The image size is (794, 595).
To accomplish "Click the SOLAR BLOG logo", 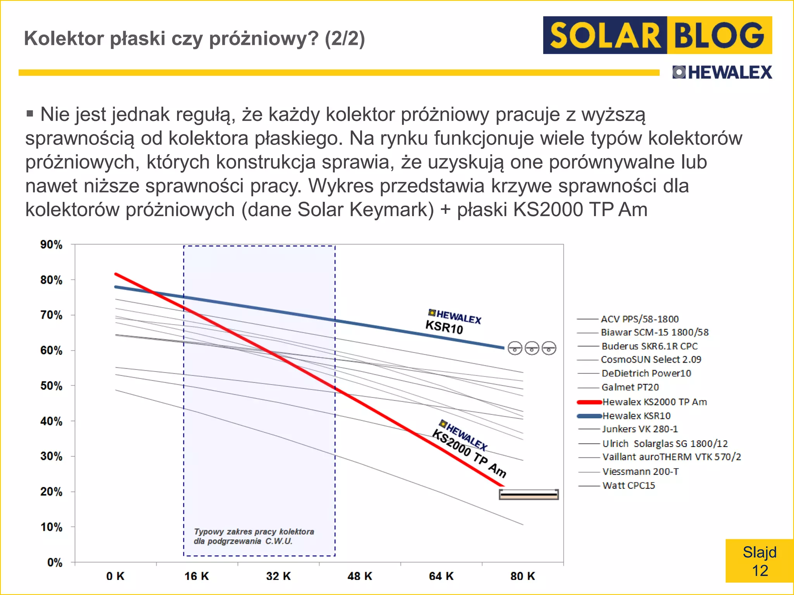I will pyautogui.click(x=657, y=35).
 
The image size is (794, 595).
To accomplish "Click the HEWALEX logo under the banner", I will pyautogui.click(x=722, y=72).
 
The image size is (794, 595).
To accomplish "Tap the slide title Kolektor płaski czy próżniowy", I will pyautogui.click(x=194, y=38).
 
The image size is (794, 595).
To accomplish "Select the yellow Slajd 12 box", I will pyautogui.click(x=759, y=561).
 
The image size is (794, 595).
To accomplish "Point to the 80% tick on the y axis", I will pyautogui.click(x=52, y=280).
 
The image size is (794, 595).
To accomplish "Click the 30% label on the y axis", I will pyautogui.click(x=52, y=456).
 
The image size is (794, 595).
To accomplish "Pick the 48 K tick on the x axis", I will pyautogui.click(x=359, y=576).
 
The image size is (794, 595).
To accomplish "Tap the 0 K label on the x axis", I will pyautogui.click(x=115, y=576).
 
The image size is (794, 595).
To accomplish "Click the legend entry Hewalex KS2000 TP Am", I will pyautogui.click(x=654, y=402).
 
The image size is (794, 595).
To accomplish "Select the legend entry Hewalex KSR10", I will pyautogui.click(x=636, y=416).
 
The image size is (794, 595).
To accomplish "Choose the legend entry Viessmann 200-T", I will pyautogui.click(x=640, y=471).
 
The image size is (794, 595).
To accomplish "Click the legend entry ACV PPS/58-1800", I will pyautogui.click(x=640, y=319).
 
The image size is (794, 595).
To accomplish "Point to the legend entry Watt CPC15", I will pyautogui.click(x=628, y=485).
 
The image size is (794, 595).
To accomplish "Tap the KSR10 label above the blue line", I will pyautogui.click(x=444, y=327).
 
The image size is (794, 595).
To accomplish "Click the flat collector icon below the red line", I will pyautogui.click(x=528, y=494).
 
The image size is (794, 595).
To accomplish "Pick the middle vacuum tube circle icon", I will pyautogui.click(x=532, y=348).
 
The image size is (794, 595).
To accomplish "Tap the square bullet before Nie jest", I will pyautogui.click(x=30, y=114).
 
